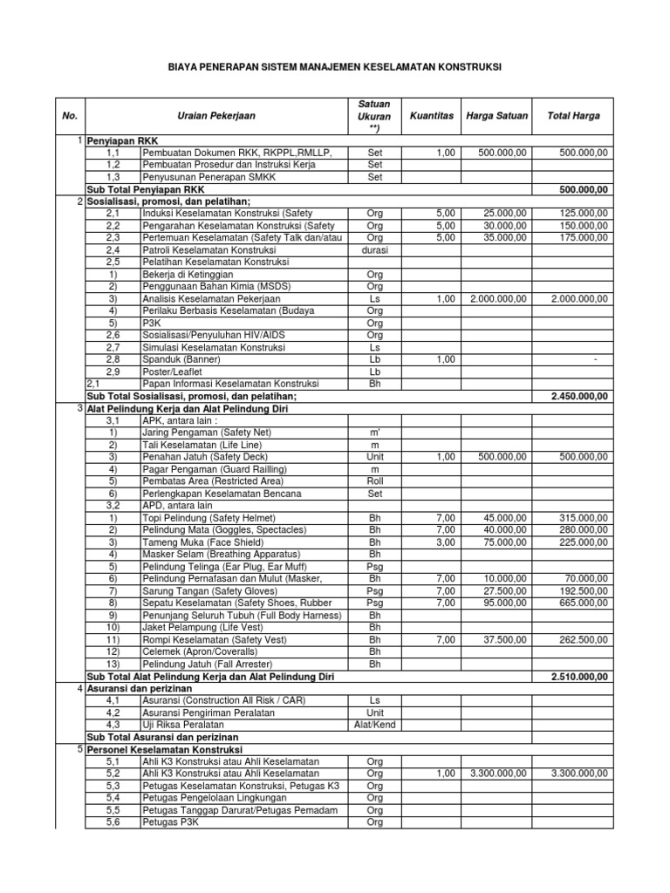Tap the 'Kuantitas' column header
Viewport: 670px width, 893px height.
pos(431,115)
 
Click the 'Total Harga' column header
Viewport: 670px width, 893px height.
pos(572,115)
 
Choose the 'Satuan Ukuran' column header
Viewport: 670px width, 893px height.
pos(374,115)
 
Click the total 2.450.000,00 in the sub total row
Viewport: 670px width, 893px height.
pos(579,396)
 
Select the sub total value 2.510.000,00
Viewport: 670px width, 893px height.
pos(579,676)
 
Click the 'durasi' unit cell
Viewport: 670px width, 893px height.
pos(374,249)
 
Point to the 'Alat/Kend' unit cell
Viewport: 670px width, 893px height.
pos(374,725)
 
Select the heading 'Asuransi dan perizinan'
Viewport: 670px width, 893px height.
pos(138,688)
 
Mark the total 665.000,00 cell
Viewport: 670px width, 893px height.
pos(583,603)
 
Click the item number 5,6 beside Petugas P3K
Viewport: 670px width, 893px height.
pos(113,822)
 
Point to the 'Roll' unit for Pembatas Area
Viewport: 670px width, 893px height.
pos(374,481)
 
